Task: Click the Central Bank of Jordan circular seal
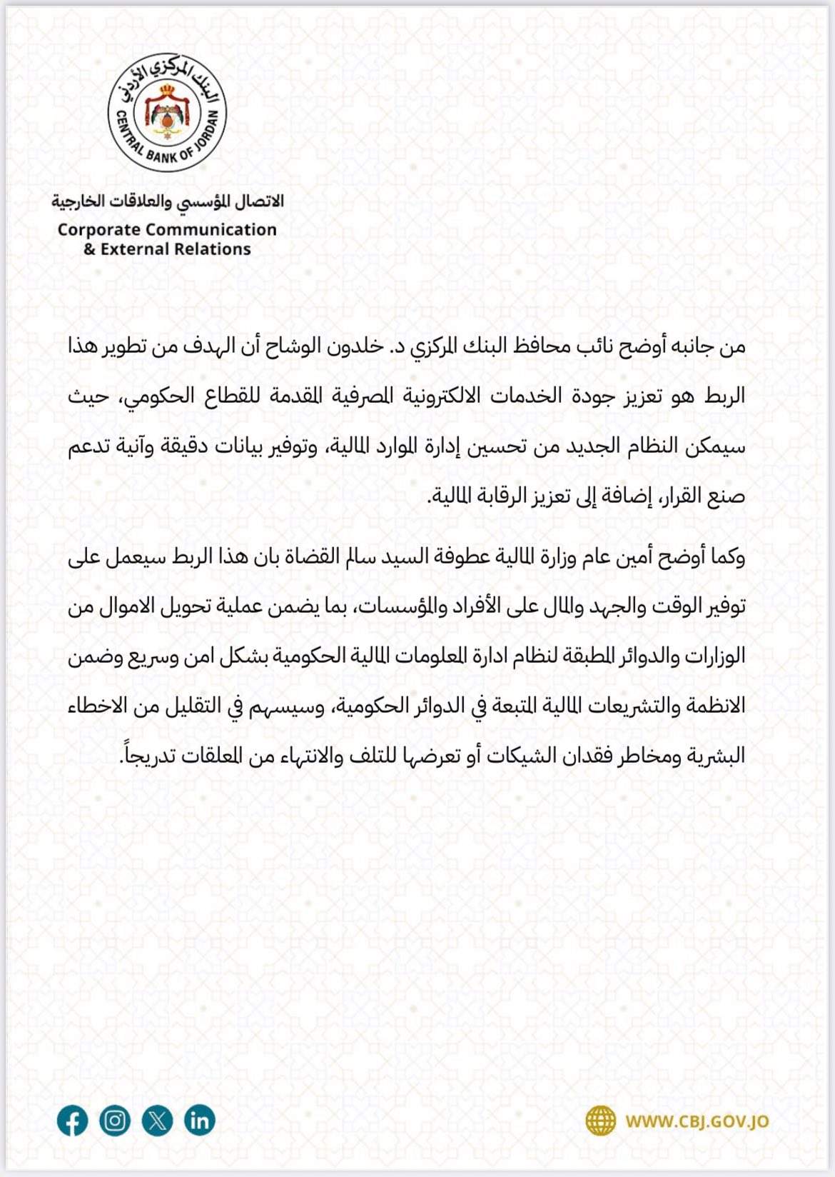tap(167, 113)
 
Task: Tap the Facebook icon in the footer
tap(72, 1121)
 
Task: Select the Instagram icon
tap(115, 1121)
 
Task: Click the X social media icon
tap(157, 1121)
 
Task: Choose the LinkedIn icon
tap(200, 1121)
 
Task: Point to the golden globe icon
tap(601, 1121)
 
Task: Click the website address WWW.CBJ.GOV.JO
tap(697, 1121)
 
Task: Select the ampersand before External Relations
tap(89, 249)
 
